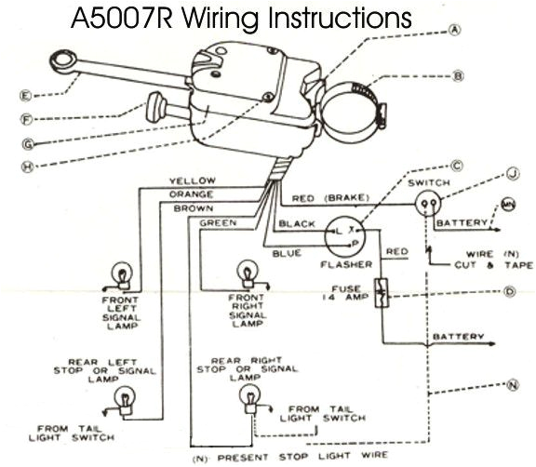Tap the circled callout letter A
coord(455,29)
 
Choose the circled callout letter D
coord(510,290)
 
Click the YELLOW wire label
coord(192,180)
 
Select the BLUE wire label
coord(288,253)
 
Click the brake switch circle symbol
coord(429,206)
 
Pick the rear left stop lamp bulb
coord(121,398)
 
